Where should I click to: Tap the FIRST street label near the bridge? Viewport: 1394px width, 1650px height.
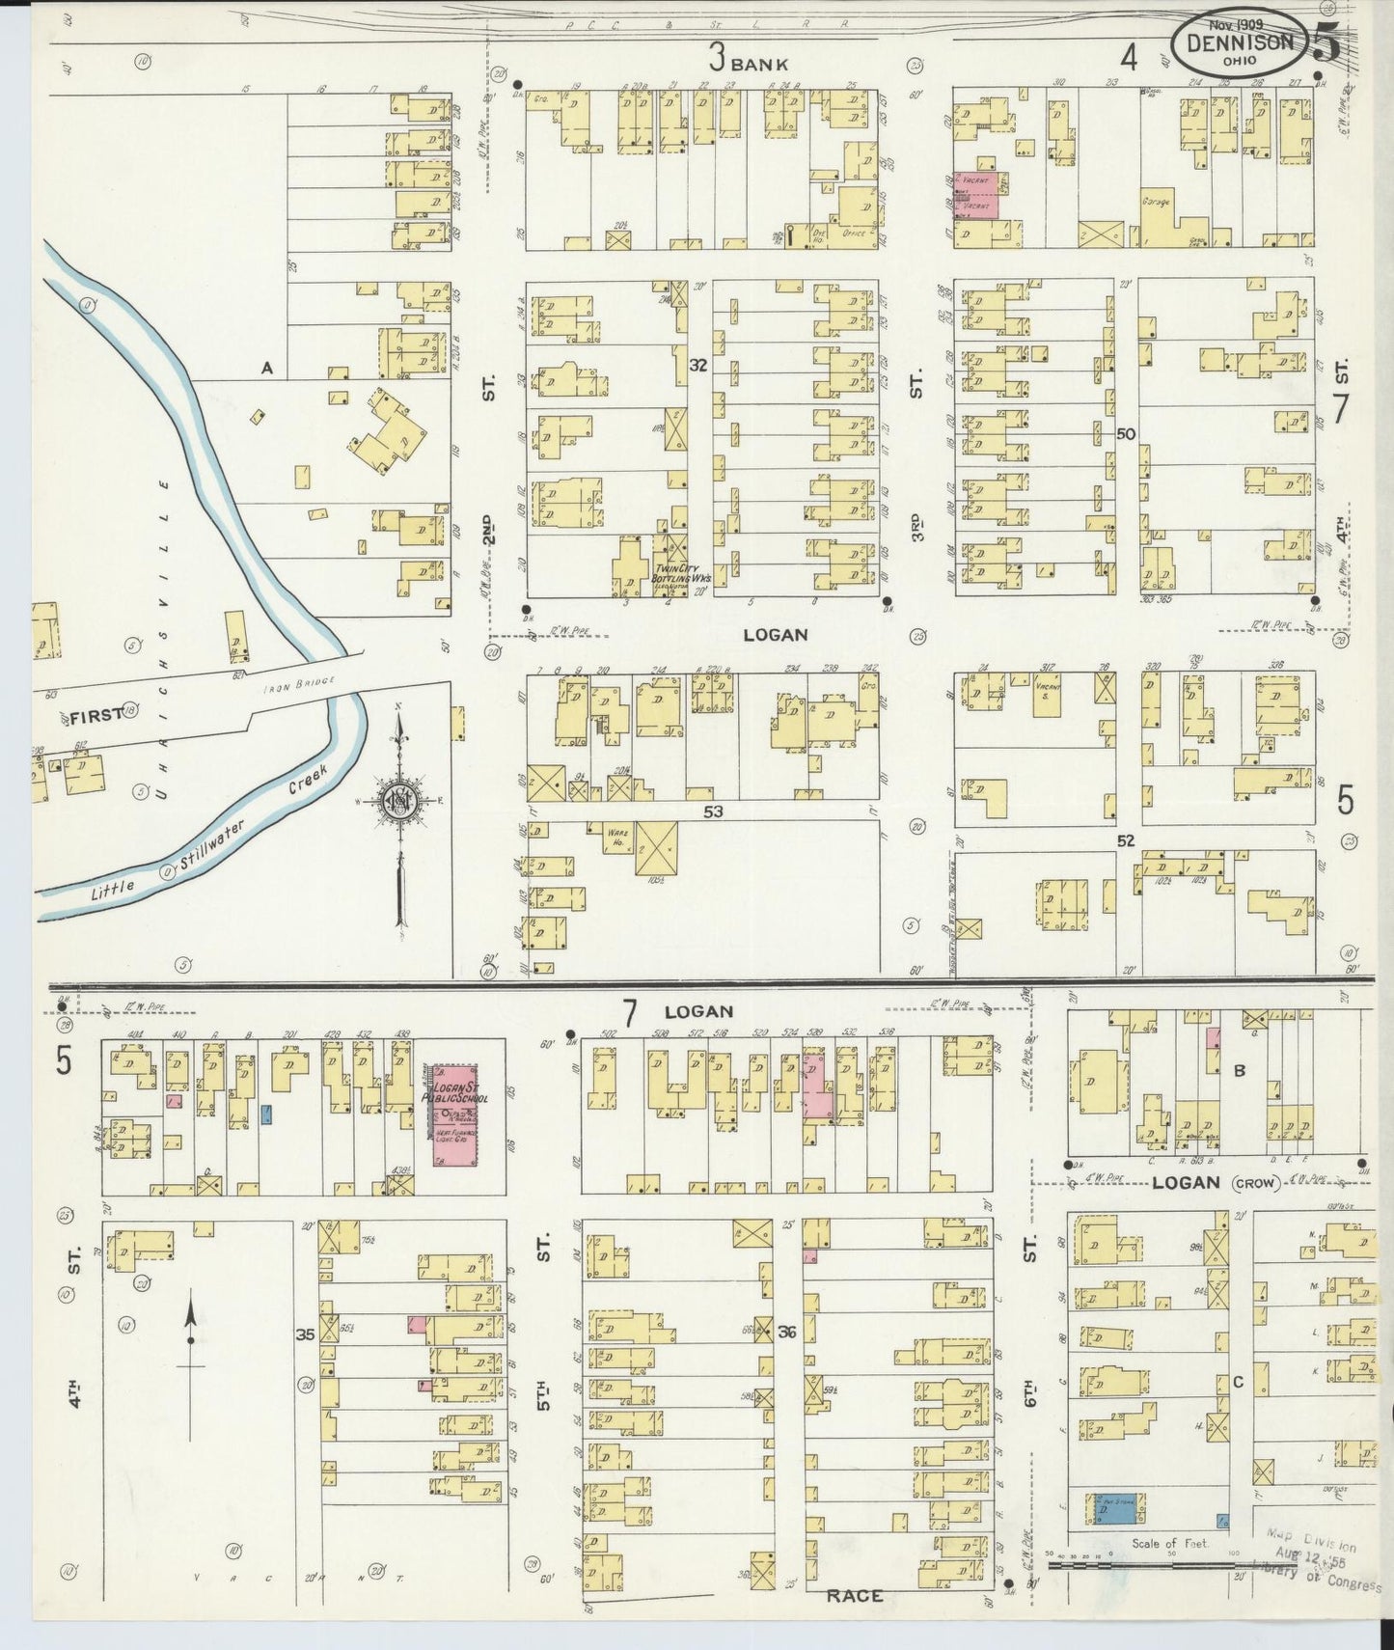pyautogui.click(x=94, y=715)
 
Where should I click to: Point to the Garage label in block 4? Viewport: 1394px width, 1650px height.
pyautogui.click(x=1158, y=202)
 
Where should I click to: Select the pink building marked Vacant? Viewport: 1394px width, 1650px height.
pyautogui.click(x=977, y=194)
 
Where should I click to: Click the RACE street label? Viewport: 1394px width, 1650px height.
pyautogui.click(x=854, y=1596)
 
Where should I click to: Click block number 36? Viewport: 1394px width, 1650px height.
pyautogui.click(x=787, y=1332)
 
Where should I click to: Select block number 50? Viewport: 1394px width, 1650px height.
pyautogui.click(x=1124, y=434)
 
